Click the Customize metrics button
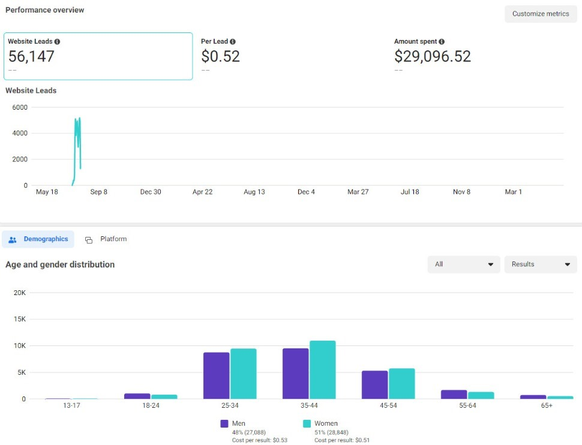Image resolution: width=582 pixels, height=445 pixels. pyautogui.click(x=540, y=14)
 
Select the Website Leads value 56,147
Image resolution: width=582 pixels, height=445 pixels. pyautogui.click(x=31, y=56)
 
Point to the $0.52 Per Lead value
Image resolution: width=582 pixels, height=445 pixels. pyautogui.click(x=220, y=56)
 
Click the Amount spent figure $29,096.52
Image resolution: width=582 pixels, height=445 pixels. pyautogui.click(x=432, y=56)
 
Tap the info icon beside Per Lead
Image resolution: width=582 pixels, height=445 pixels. pyautogui.click(x=233, y=42)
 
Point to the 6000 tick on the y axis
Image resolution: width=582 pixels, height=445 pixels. pyautogui.click(x=20, y=107)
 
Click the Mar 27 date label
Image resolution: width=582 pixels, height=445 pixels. pyautogui.click(x=358, y=192)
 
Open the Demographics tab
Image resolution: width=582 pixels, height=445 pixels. pyautogui.click(x=38, y=239)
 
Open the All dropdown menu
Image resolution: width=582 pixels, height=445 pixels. pyautogui.click(x=463, y=264)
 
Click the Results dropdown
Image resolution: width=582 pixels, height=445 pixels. pyautogui.click(x=540, y=264)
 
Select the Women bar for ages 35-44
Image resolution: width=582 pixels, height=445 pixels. pyautogui.click(x=322, y=370)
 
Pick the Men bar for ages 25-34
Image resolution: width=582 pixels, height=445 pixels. pyautogui.click(x=216, y=375)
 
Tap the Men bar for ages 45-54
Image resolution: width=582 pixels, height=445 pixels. pyautogui.click(x=374, y=384)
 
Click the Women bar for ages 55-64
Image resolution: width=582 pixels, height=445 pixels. pyautogui.click(x=481, y=395)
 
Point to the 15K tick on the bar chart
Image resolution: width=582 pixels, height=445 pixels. pyautogui.click(x=19, y=319)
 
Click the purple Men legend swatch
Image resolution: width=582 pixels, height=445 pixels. pyautogui.click(x=225, y=423)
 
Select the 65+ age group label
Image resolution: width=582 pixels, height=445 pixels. pyautogui.click(x=547, y=406)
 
